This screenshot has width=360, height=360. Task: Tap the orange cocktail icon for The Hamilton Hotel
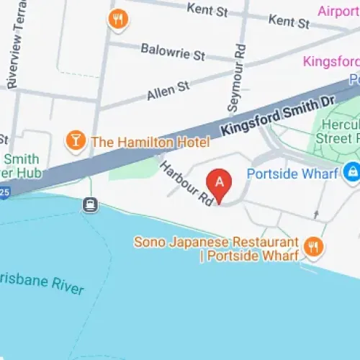74,140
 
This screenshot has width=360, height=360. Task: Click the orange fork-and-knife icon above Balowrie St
117,19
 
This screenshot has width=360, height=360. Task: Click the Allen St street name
168,90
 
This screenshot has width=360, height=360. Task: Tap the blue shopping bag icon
351,172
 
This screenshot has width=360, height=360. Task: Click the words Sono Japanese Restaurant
216,242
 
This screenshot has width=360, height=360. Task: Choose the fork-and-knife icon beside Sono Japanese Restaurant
313,247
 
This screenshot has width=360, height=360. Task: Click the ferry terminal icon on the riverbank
91,204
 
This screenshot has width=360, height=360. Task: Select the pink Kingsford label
331,61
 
